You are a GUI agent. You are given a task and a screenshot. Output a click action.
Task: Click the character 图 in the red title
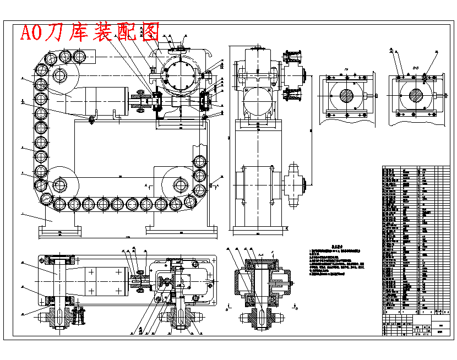pyautogui.click(x=150, y=32)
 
